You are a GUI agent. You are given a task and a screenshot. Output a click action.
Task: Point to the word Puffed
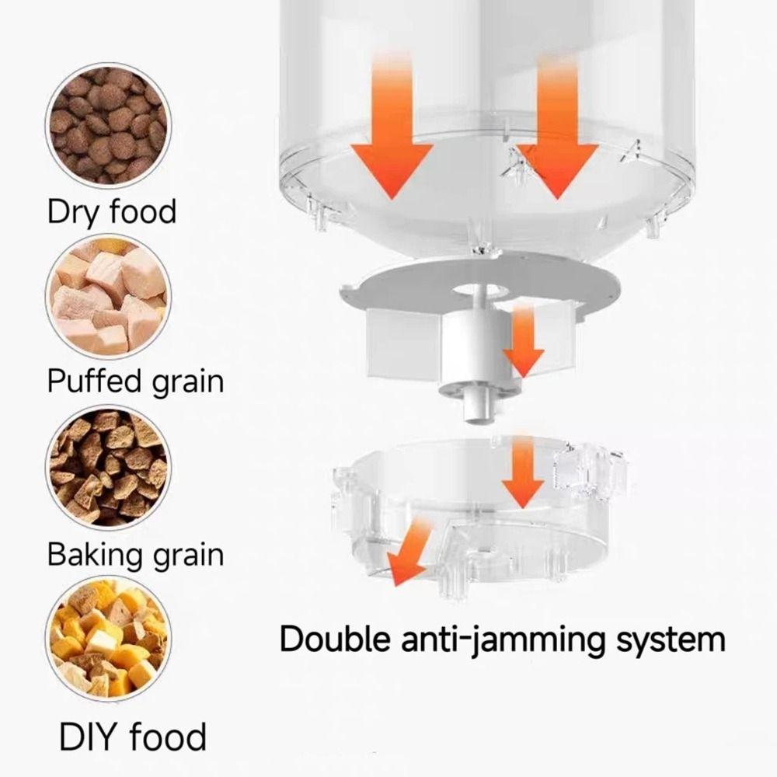coord(94,382)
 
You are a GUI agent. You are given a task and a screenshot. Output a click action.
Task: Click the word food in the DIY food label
coord(168,735)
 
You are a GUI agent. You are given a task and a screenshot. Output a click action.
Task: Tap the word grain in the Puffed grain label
coord(186,382)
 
